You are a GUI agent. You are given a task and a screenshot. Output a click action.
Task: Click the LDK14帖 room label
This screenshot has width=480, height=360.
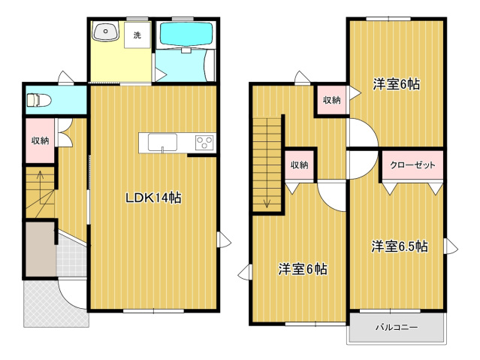pyautogui.click(x=152, y=198)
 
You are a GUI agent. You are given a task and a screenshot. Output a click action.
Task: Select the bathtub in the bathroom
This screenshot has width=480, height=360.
pyautogui.click(x=184, y=33)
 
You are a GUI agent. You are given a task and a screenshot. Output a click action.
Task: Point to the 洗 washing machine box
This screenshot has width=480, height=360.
pyautogui.click(x=137, y=35)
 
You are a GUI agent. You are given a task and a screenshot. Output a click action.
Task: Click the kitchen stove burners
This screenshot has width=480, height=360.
pyautogui.click(x=204, y=141)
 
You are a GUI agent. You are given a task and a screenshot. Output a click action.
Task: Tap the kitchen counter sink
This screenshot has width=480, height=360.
pyautogui.click(x=162, y=142)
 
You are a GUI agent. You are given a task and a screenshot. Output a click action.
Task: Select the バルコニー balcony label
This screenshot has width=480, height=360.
pyautogui.click(x=396, y=327)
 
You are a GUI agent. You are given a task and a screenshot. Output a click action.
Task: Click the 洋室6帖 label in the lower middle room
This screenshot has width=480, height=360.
pyautogui.click(x=303, y=268)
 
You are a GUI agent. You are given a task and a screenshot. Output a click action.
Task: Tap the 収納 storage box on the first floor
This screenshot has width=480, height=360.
pyautogui.click(x=40, y=141)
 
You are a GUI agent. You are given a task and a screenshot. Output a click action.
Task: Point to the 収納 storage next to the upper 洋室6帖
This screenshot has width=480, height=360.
pyautogui.click(x=331, y=100)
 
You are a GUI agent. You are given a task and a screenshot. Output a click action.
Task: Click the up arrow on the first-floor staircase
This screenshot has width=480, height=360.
pyautogui.click(x=39, y=181)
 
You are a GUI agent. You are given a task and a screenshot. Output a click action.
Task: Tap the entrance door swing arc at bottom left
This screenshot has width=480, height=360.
pyautogui.click(x=73, y=295)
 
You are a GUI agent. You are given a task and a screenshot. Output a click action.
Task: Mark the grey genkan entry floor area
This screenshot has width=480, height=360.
pyautogui.click(x=40, y=249)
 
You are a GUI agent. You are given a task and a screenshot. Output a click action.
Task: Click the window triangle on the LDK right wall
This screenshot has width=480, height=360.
pyautogui.click(x=223, y=240)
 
